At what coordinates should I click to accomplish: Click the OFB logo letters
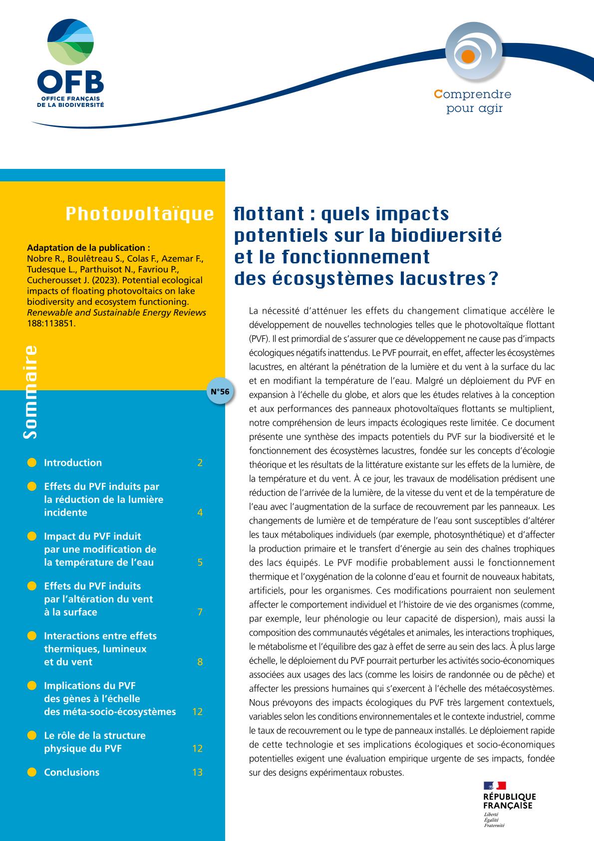70,81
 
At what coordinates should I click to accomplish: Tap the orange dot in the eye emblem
468,56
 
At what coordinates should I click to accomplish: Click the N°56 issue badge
219,391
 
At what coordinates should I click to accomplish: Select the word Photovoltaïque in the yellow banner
140,214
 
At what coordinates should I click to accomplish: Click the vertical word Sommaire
30,392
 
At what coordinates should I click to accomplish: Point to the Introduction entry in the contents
73,463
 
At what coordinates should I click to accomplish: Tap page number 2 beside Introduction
200,463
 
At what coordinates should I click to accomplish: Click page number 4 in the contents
200,513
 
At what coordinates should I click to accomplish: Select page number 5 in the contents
200,562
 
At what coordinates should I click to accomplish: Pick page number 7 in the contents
200,612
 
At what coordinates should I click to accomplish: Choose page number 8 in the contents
200,662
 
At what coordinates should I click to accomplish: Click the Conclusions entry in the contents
71,772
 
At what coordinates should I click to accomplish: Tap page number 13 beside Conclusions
197,772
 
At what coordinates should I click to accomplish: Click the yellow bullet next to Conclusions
32,772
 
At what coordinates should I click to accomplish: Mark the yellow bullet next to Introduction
32,463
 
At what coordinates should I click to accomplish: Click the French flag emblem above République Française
494,786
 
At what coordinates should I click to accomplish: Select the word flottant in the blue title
269,214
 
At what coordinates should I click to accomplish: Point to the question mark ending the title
494,278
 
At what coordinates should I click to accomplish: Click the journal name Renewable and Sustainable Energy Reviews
116,313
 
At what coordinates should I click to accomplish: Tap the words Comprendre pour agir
473,101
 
